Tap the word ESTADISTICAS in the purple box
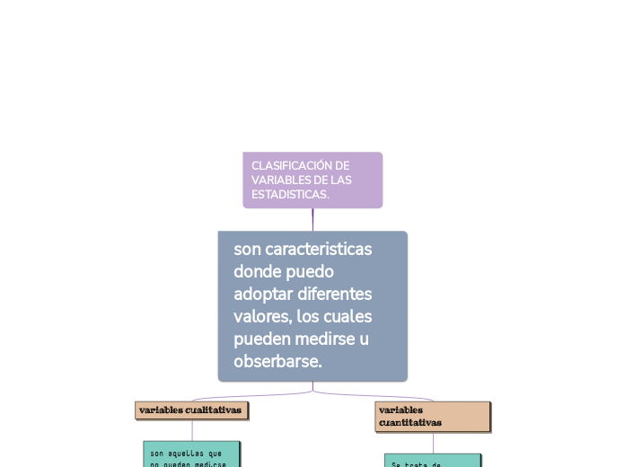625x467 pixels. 289,195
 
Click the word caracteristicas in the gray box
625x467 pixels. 316,248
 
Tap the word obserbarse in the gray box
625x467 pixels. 276,362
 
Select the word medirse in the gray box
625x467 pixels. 323,339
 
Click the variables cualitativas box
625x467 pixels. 191,410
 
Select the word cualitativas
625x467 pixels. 213,410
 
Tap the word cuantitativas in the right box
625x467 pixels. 409,422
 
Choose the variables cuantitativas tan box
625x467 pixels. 432,416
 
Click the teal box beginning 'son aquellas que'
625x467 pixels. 191,454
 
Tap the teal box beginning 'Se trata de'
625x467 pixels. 433,461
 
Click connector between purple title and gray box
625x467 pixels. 312,219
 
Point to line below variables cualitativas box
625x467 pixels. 191,429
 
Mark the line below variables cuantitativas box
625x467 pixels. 433,443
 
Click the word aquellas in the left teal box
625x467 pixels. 185,454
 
